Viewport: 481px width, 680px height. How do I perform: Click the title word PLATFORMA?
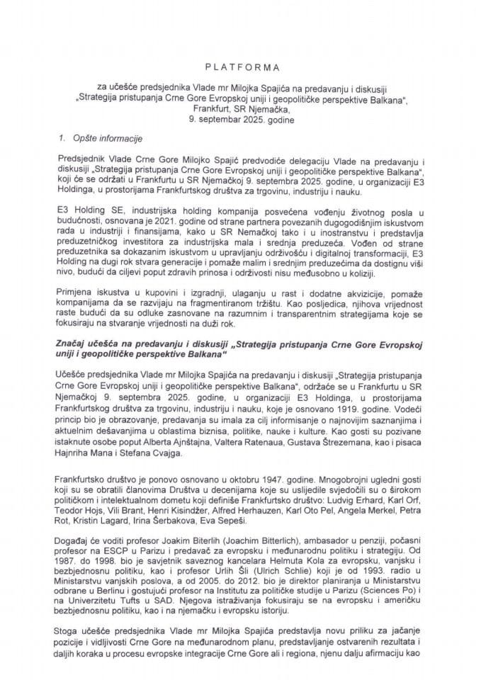pos(239,68)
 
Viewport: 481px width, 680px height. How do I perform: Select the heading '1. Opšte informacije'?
pos(96,134)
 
